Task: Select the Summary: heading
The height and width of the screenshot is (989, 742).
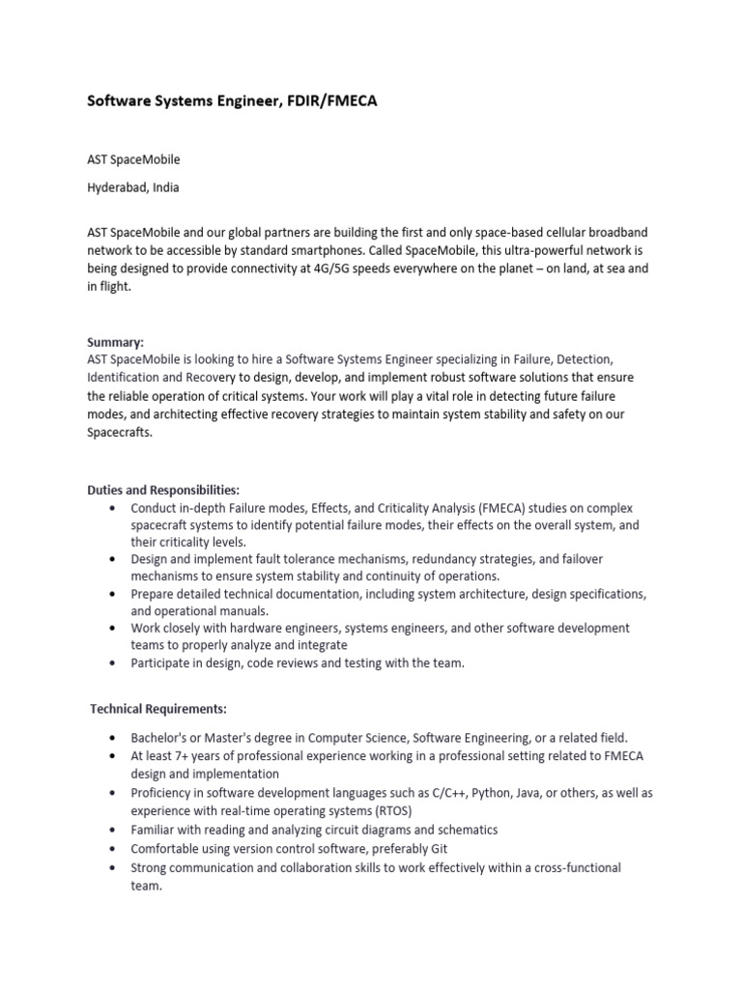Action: [115, 342]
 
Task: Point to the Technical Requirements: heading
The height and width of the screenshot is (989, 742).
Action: [158, 709]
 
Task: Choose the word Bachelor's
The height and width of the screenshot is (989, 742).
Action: [163, 737]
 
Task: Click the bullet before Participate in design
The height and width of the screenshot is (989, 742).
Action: [115, 664]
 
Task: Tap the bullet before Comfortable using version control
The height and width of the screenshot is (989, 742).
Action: [115, 849]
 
